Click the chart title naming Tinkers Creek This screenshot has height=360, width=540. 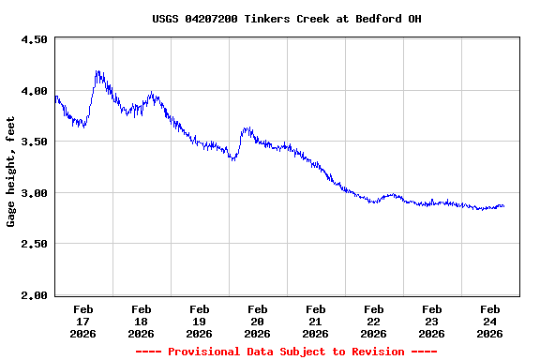tap(286, 19)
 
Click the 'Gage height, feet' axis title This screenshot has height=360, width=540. tap(11, 172)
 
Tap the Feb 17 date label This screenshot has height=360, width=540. tap(82, 321)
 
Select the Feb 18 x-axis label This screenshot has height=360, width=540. tap(141, 321)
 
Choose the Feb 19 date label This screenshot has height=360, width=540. tap(199, 321)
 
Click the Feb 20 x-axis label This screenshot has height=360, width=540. tap(257, 321)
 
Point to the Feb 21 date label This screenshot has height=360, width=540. tap(315, 321)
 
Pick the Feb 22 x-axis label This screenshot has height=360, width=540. tap(373, 321)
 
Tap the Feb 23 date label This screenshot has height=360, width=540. tap(431, 321)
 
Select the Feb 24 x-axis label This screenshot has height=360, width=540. tap(489, 321)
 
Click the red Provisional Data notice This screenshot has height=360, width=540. tap(286, 352)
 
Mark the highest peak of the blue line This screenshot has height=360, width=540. tap(97, 71)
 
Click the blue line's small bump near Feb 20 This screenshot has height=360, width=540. tap(247, 129)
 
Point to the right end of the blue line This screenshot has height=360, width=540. tap(503, 206)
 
